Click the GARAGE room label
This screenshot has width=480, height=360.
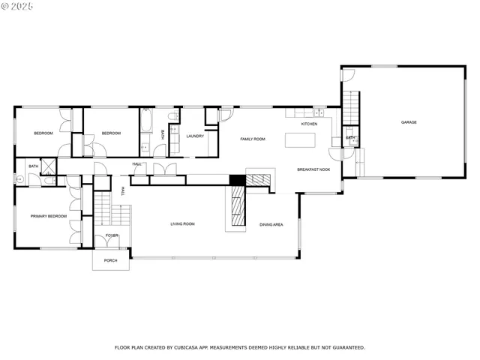[x=408, y=122]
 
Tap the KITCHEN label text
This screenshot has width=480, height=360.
[x=309, y=124]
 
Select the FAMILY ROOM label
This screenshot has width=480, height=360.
[x=253, y=139]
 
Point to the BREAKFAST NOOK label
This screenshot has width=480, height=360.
[x=313, y=170]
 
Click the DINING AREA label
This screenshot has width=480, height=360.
[x=271, y=224]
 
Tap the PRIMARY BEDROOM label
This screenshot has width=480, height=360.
[x=48, y=216]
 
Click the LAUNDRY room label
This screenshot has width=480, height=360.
[x=195, y=136]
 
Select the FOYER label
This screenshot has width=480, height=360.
[x=112, y=235]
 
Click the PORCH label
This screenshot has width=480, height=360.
[x=111, y=261]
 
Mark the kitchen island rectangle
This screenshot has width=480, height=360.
[x=301, y=140]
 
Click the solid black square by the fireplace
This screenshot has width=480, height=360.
[x=237, y=179]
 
